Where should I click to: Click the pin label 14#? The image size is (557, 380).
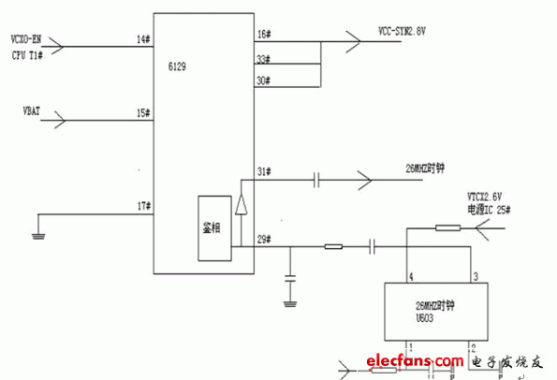point(142,39)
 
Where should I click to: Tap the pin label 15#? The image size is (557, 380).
point(142,113)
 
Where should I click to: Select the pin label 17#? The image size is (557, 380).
point(142,206)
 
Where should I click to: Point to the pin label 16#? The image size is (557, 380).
point(263,35)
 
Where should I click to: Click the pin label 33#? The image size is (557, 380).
point(263,60)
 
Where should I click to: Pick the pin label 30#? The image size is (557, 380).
point(263,80)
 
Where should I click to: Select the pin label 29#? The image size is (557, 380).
point(263,241)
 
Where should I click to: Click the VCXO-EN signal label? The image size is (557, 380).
point(26,39)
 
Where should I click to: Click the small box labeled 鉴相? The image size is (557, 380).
point(212,228)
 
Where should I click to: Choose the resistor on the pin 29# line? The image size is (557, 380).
point(331,247)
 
